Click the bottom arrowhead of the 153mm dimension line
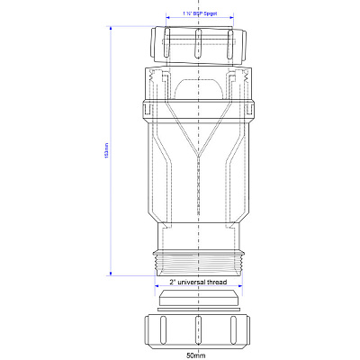pyautogui.click(x=111, y=274)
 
